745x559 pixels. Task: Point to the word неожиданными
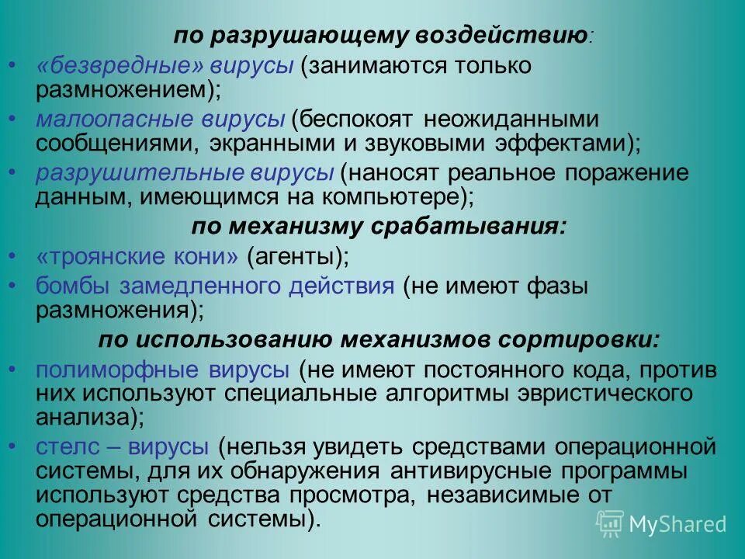tap(513, 120)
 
